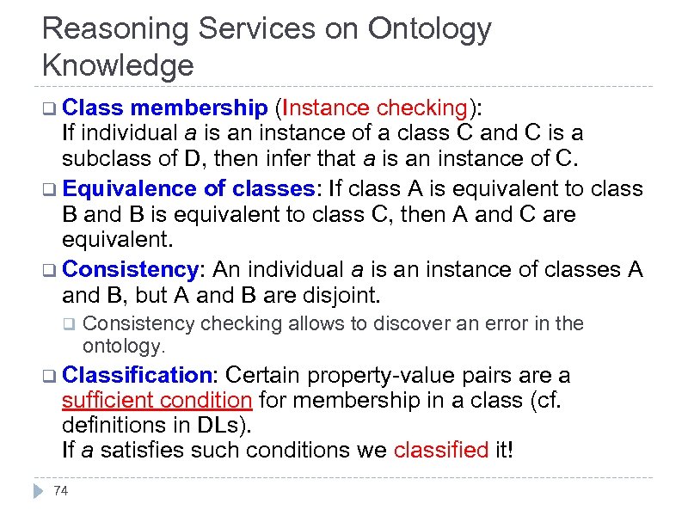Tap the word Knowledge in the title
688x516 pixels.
click(118, 65)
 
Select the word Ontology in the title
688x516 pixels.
click(429, 28)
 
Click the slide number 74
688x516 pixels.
click(61, 490)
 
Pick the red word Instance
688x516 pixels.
click(327, 107)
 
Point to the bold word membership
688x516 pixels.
click(200, 107)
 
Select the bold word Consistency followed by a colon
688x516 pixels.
click(131, 269)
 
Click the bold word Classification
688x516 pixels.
click(138, 375)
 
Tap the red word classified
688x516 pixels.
click(440, 450)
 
